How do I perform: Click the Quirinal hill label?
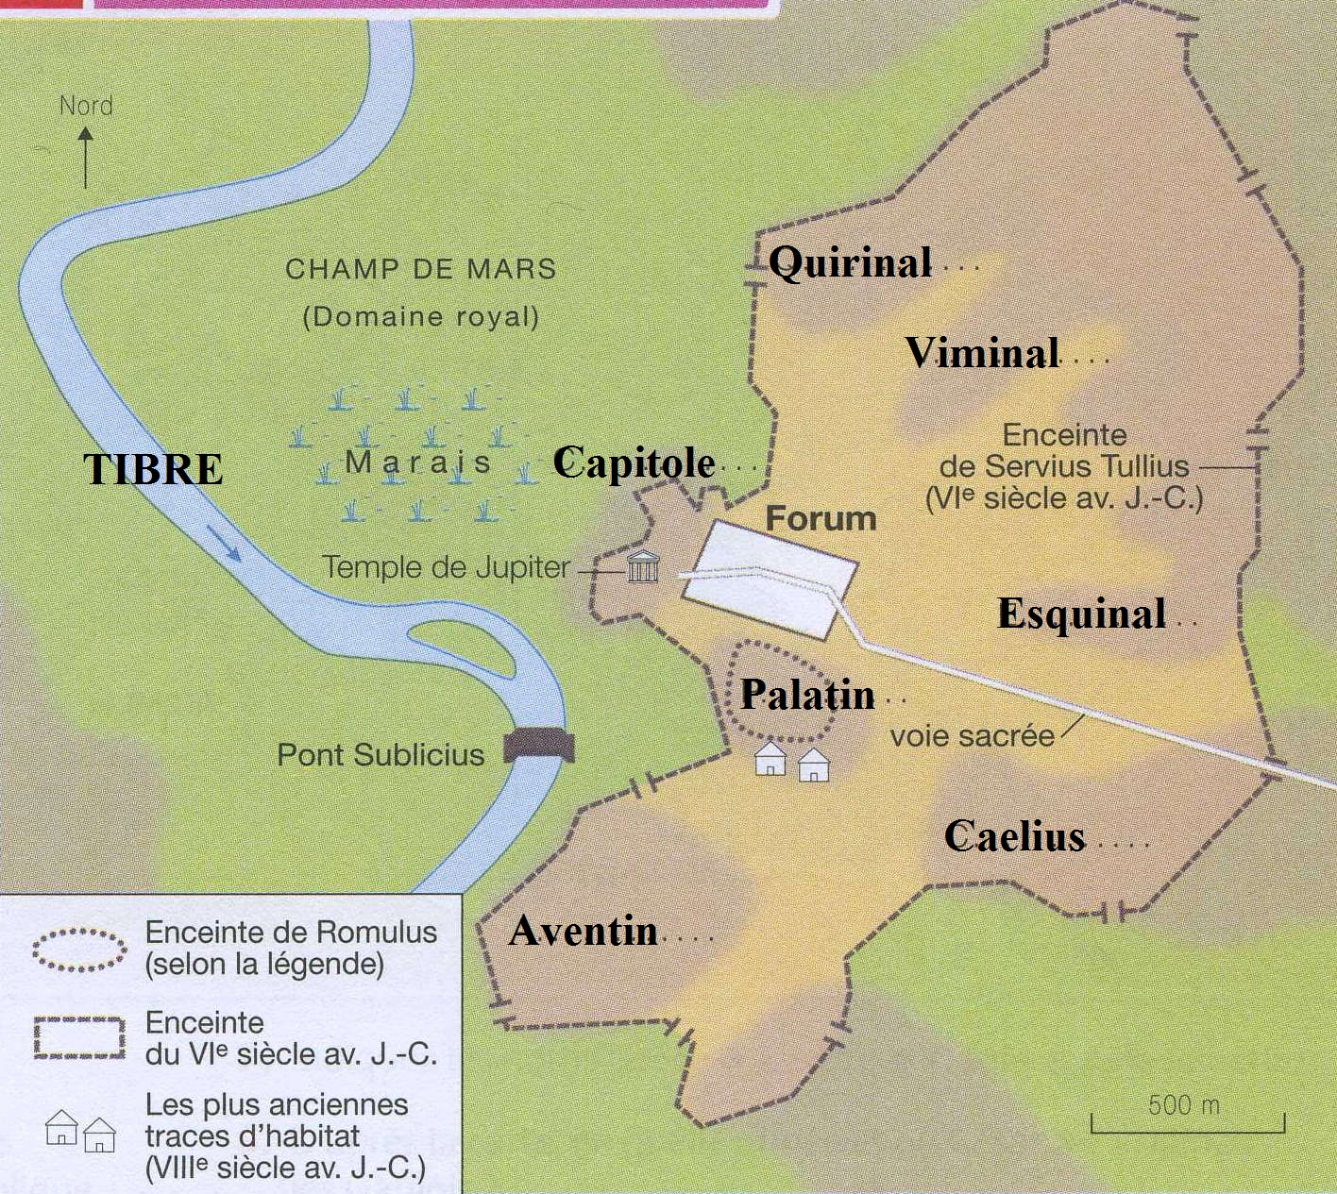pos(850,263)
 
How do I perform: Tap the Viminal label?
pos(982,353)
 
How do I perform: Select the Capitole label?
pos(634,462)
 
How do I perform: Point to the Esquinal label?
pos(1082,614)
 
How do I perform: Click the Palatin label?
pos(807,695)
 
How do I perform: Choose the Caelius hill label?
pos(1015,836)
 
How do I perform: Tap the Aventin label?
pos(584,932)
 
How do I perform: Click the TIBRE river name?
pos(153,469)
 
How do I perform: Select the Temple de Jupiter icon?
pos(643,566)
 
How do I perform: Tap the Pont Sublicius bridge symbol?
pos(539,745)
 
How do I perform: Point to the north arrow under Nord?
pos(86,159)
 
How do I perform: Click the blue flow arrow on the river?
pos(224,543)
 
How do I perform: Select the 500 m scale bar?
pos(1187,1124)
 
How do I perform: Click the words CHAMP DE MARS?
pos(420,269)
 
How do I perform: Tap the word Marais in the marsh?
pos(417,462)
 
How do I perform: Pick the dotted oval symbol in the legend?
pos(79,950)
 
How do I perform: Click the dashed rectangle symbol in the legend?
pos(79,1037)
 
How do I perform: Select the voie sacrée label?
pos(972,736)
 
